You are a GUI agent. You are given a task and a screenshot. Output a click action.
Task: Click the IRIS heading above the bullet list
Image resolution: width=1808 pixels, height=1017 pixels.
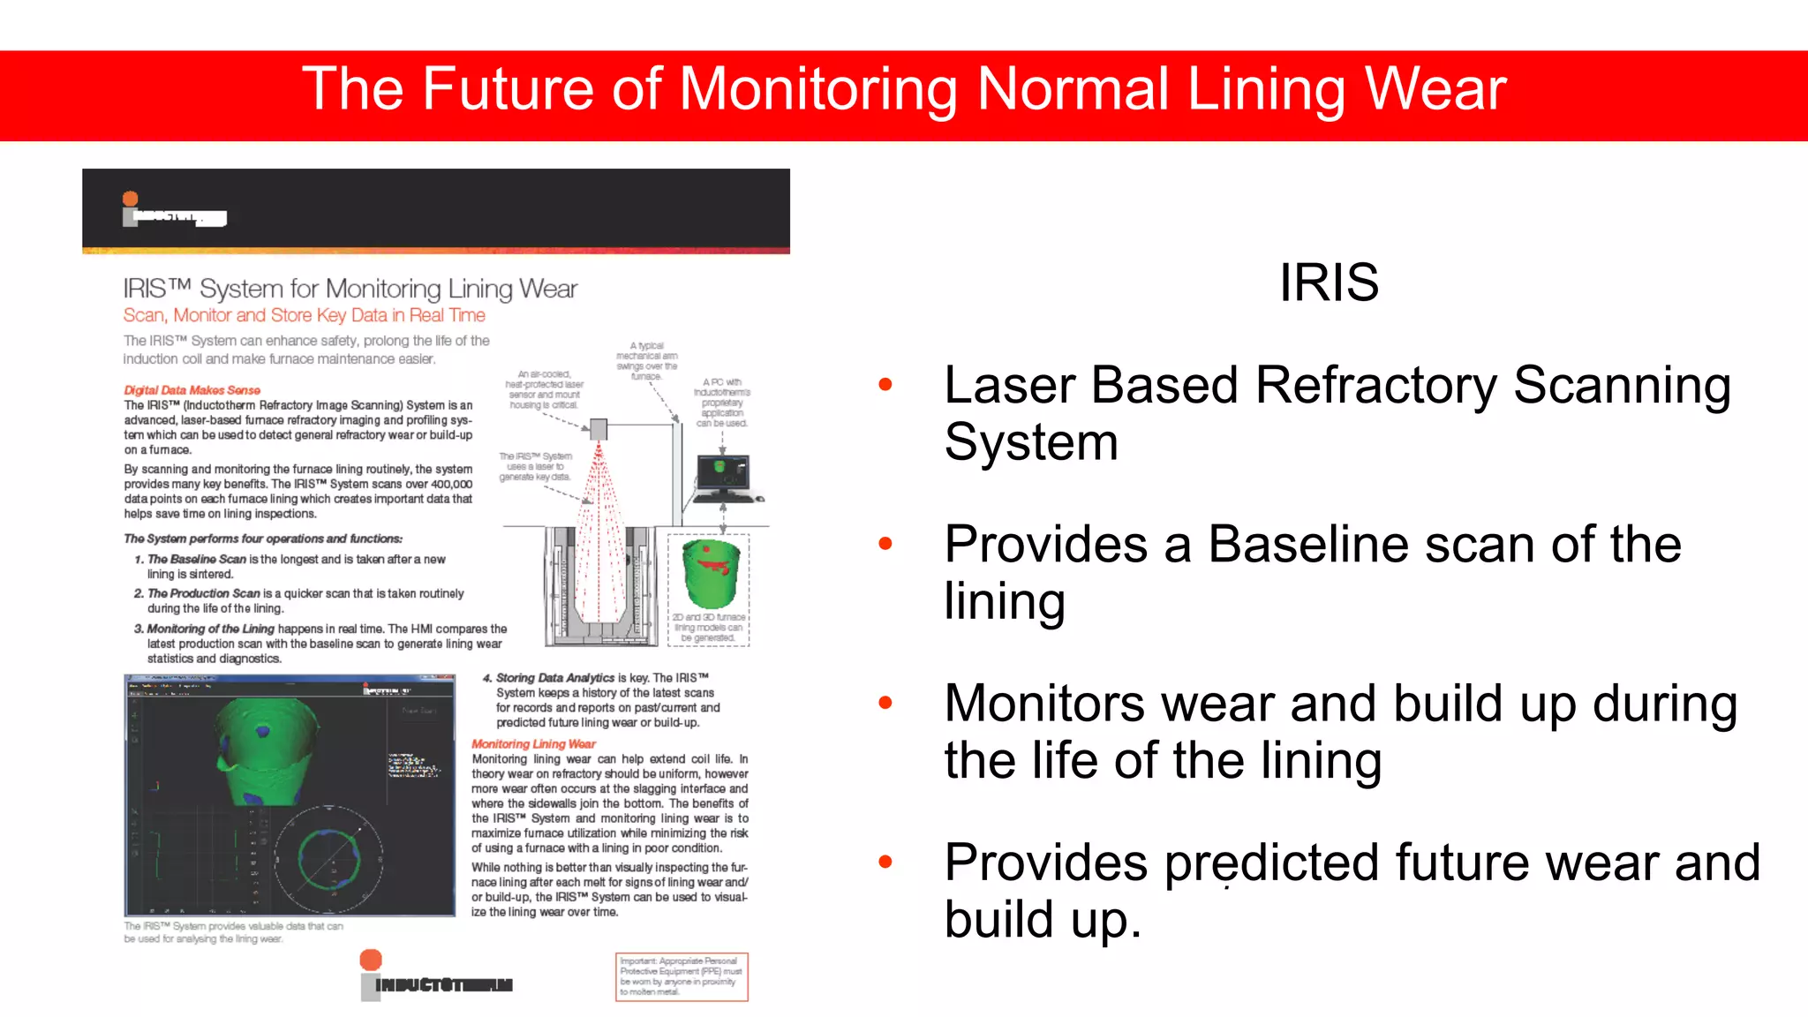click(1329, 283)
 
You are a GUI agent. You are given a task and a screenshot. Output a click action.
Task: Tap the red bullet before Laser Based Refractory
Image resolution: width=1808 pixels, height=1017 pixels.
click(885, 384)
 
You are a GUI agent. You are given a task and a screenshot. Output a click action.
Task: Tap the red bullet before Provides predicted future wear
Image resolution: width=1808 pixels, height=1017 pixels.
click(885, 862)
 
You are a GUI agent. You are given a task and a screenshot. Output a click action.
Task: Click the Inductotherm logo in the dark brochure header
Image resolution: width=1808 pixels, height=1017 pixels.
click(174, 211)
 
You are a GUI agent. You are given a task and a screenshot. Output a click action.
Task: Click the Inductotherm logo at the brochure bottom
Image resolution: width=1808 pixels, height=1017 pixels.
click(436, 976)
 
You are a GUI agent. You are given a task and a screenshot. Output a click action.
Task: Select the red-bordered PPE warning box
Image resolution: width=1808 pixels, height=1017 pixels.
click(682, 976)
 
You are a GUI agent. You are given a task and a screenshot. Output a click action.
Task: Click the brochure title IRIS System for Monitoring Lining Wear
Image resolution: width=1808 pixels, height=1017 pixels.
click(350, 289)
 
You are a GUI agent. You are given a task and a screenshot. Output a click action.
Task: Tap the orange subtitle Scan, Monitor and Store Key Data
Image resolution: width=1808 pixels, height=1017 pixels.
click(304, 315)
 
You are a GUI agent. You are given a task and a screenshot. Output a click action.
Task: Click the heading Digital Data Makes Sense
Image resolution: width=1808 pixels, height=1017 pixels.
click(192, 390)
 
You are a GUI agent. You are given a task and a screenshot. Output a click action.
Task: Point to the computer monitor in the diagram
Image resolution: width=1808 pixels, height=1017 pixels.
click(723, 474)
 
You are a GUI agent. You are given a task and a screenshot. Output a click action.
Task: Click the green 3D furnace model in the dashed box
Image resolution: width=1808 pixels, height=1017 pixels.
click(711, 573)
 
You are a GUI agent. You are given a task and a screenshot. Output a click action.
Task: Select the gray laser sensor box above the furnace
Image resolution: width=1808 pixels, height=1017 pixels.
click(599, 429)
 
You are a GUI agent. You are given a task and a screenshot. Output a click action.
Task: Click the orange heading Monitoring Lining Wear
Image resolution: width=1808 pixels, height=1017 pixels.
click(533, 744)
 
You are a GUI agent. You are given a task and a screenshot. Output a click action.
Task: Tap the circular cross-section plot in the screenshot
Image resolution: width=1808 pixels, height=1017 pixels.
click(328, 858)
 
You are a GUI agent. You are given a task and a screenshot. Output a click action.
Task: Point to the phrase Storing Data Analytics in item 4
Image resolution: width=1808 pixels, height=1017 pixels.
click(554, 678)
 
